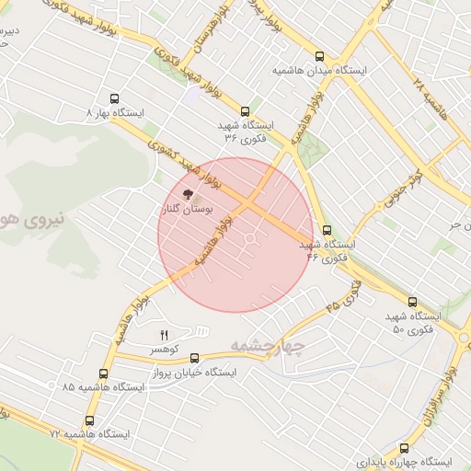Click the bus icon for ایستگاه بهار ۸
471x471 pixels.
coord(114,98)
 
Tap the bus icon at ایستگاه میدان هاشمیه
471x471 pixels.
coord(319,56)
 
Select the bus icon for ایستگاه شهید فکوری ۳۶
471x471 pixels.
coord(245,111)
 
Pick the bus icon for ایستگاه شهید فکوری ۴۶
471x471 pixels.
coord(327,231)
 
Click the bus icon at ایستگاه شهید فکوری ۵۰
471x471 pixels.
coord(411,302)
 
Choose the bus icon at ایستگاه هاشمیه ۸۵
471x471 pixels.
coord(103,373)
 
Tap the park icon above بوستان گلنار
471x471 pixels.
coord(188,194)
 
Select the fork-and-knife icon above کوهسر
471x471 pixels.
coord(165,335)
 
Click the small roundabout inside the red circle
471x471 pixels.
coord(250,241)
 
